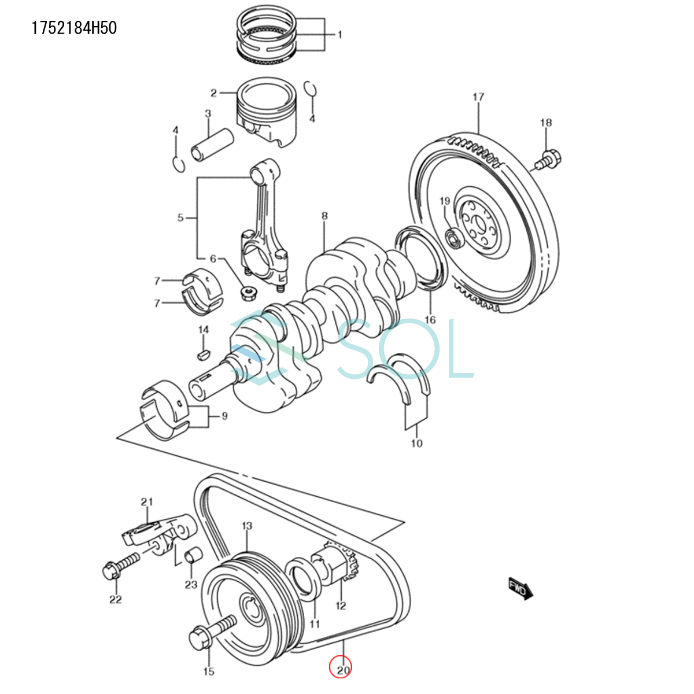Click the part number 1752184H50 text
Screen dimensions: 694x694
[75, 28]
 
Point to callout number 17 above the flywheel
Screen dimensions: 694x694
[478, 97]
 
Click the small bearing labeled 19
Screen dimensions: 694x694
[455, 238]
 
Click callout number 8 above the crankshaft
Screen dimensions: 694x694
[324, 216]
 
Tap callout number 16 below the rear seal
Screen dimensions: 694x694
[430, 320]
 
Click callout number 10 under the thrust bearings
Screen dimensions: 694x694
[417, 444]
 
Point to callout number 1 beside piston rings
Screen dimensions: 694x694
[340, 35]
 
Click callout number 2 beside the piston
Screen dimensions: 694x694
[213, 93]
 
